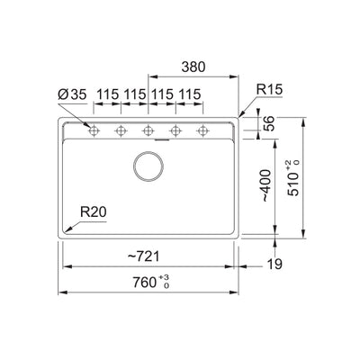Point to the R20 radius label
click(x=93, y=212)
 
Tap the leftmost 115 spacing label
click(x=107, y=94)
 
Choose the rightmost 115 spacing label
click(x=188, y=94)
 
